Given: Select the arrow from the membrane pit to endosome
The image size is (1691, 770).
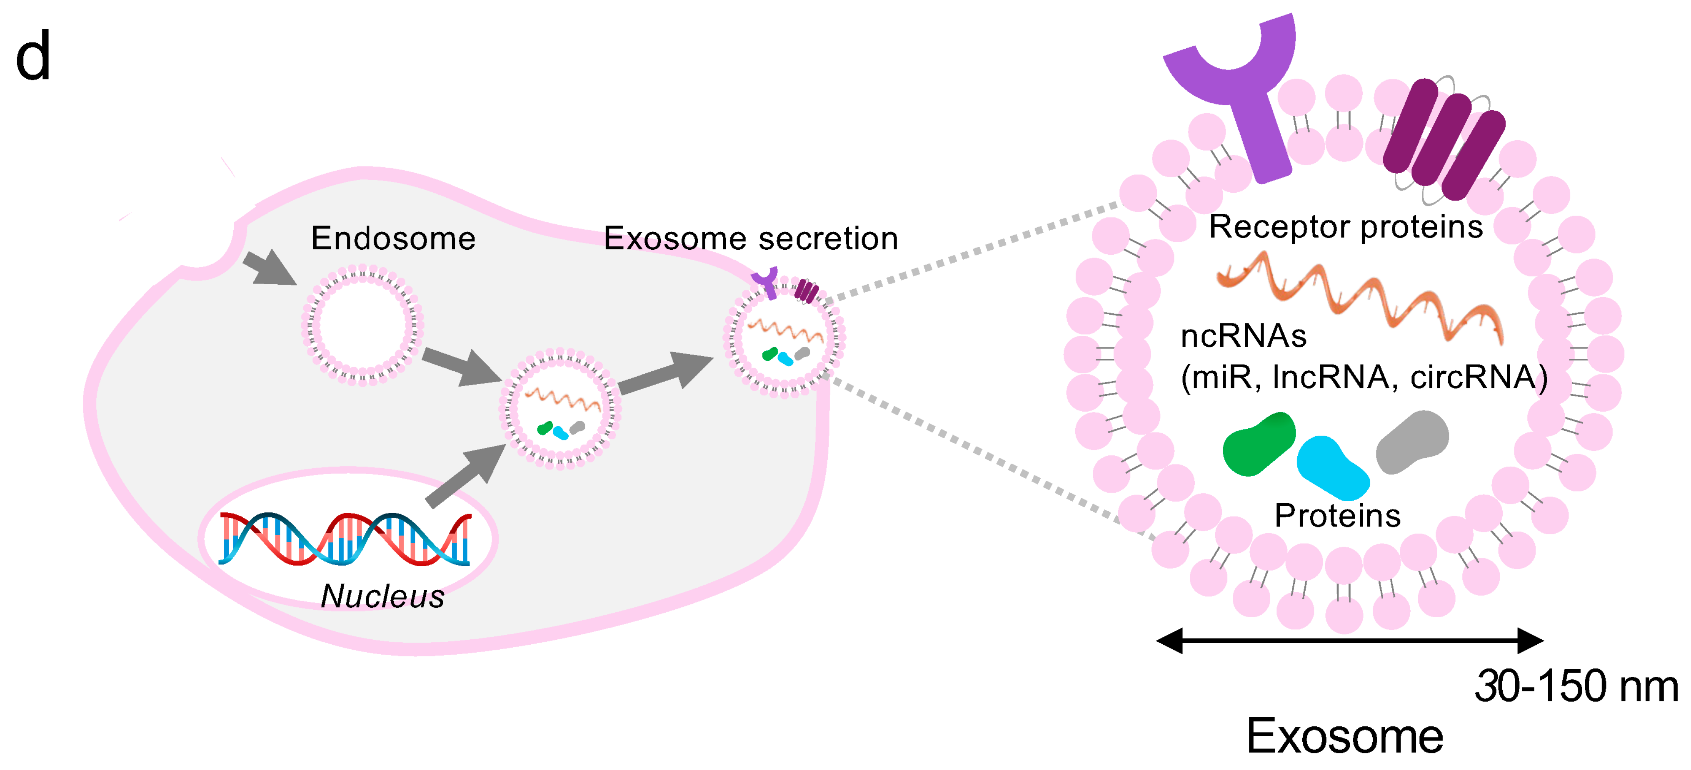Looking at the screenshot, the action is point(269,268).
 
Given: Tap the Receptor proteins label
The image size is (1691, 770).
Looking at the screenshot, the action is point(1346,226).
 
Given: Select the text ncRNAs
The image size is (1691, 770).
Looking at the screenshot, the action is point(1243,336).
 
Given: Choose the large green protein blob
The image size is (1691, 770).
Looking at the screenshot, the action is point(1259,444).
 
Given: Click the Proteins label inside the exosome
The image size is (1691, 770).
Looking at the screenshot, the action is point(1337,516).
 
